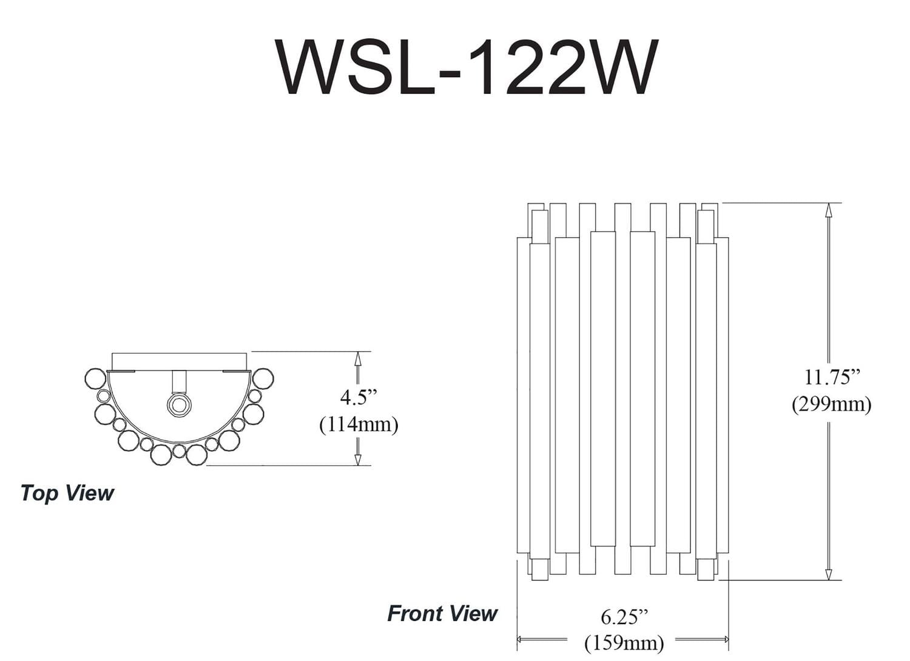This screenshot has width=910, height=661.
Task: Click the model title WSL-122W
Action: (467, 67)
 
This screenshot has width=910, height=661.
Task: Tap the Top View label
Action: (67, 493)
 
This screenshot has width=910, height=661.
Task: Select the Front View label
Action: (442, 614)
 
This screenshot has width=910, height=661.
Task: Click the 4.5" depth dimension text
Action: (359, 398)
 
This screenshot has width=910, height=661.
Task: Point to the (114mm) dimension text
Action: (359, 424)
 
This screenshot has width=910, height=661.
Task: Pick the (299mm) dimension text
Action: (832, 404)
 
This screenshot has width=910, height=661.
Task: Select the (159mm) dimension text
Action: (624, 642)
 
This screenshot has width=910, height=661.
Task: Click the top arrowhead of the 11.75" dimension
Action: (829, 210)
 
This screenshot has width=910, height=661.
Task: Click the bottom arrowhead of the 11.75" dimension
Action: (829, 574)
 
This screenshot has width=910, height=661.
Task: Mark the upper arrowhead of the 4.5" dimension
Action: (358, 358)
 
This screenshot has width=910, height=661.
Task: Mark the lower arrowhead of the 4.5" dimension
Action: (358, 459)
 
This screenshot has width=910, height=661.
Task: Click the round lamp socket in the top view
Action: (179, 404)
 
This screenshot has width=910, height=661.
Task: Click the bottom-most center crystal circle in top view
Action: (179, 451)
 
